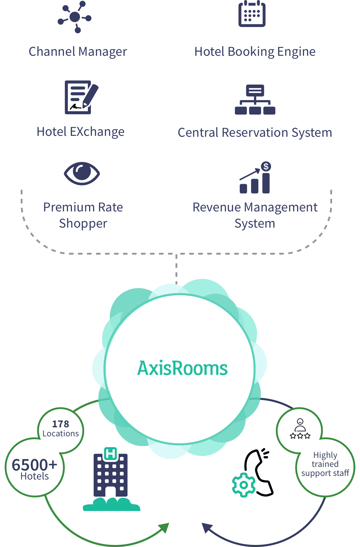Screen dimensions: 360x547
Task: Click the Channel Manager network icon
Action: [x=74, y=17]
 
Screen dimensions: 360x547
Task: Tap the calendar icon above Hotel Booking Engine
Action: [x=252, y=14]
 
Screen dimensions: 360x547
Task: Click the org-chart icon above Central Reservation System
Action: [x=255, y=100]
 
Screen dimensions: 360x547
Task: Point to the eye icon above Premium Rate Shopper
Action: [x=82, y=173]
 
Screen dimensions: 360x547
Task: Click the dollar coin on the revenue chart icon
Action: [x=266, y=166]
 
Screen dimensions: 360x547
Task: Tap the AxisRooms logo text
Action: [x=182, y=368]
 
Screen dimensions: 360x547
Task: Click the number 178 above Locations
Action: [x=61, y=424]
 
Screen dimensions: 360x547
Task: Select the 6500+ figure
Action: [x=34, y=465]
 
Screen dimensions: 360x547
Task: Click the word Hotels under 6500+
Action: [x=34, y=476]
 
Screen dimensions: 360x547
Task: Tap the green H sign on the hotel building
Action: [x=110, y=454]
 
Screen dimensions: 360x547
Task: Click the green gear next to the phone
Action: [x=244, y=485]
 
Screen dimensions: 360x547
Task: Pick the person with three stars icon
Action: [x=300, y=429]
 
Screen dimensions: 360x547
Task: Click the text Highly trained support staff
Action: [x=325, y=464]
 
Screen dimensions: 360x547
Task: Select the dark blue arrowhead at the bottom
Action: [x=207, y=528]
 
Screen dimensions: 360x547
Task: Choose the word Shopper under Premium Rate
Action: [x=83, y=224]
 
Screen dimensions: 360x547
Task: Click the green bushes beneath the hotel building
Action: [x=112, y=504]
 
